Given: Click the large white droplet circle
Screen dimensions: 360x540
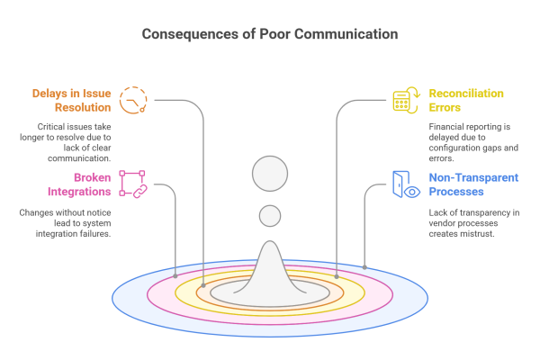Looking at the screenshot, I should click(x=270, y=174).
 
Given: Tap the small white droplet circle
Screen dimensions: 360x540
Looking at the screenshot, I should click(x=270, y=216).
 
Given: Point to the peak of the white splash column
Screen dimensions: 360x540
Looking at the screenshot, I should click(x=270, y=245).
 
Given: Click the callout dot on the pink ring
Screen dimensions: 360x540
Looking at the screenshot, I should click(x=175, y=276).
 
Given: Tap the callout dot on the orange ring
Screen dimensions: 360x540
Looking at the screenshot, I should click(x=203, y=285).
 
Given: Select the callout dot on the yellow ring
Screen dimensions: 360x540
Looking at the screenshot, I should click(x=337, y=276).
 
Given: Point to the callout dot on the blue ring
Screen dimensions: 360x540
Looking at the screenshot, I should click(x=364, y=267).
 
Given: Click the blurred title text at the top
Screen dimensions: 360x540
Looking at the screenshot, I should click(x=270, y=35).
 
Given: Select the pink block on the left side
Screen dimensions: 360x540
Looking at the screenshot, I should click(x=99, y=190).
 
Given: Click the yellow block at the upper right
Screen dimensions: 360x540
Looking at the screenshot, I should click(x=447, y=101).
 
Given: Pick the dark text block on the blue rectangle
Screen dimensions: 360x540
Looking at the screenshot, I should click(x=473, y=233).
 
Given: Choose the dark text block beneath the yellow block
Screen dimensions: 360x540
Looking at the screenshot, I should click(x=470, y=142).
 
